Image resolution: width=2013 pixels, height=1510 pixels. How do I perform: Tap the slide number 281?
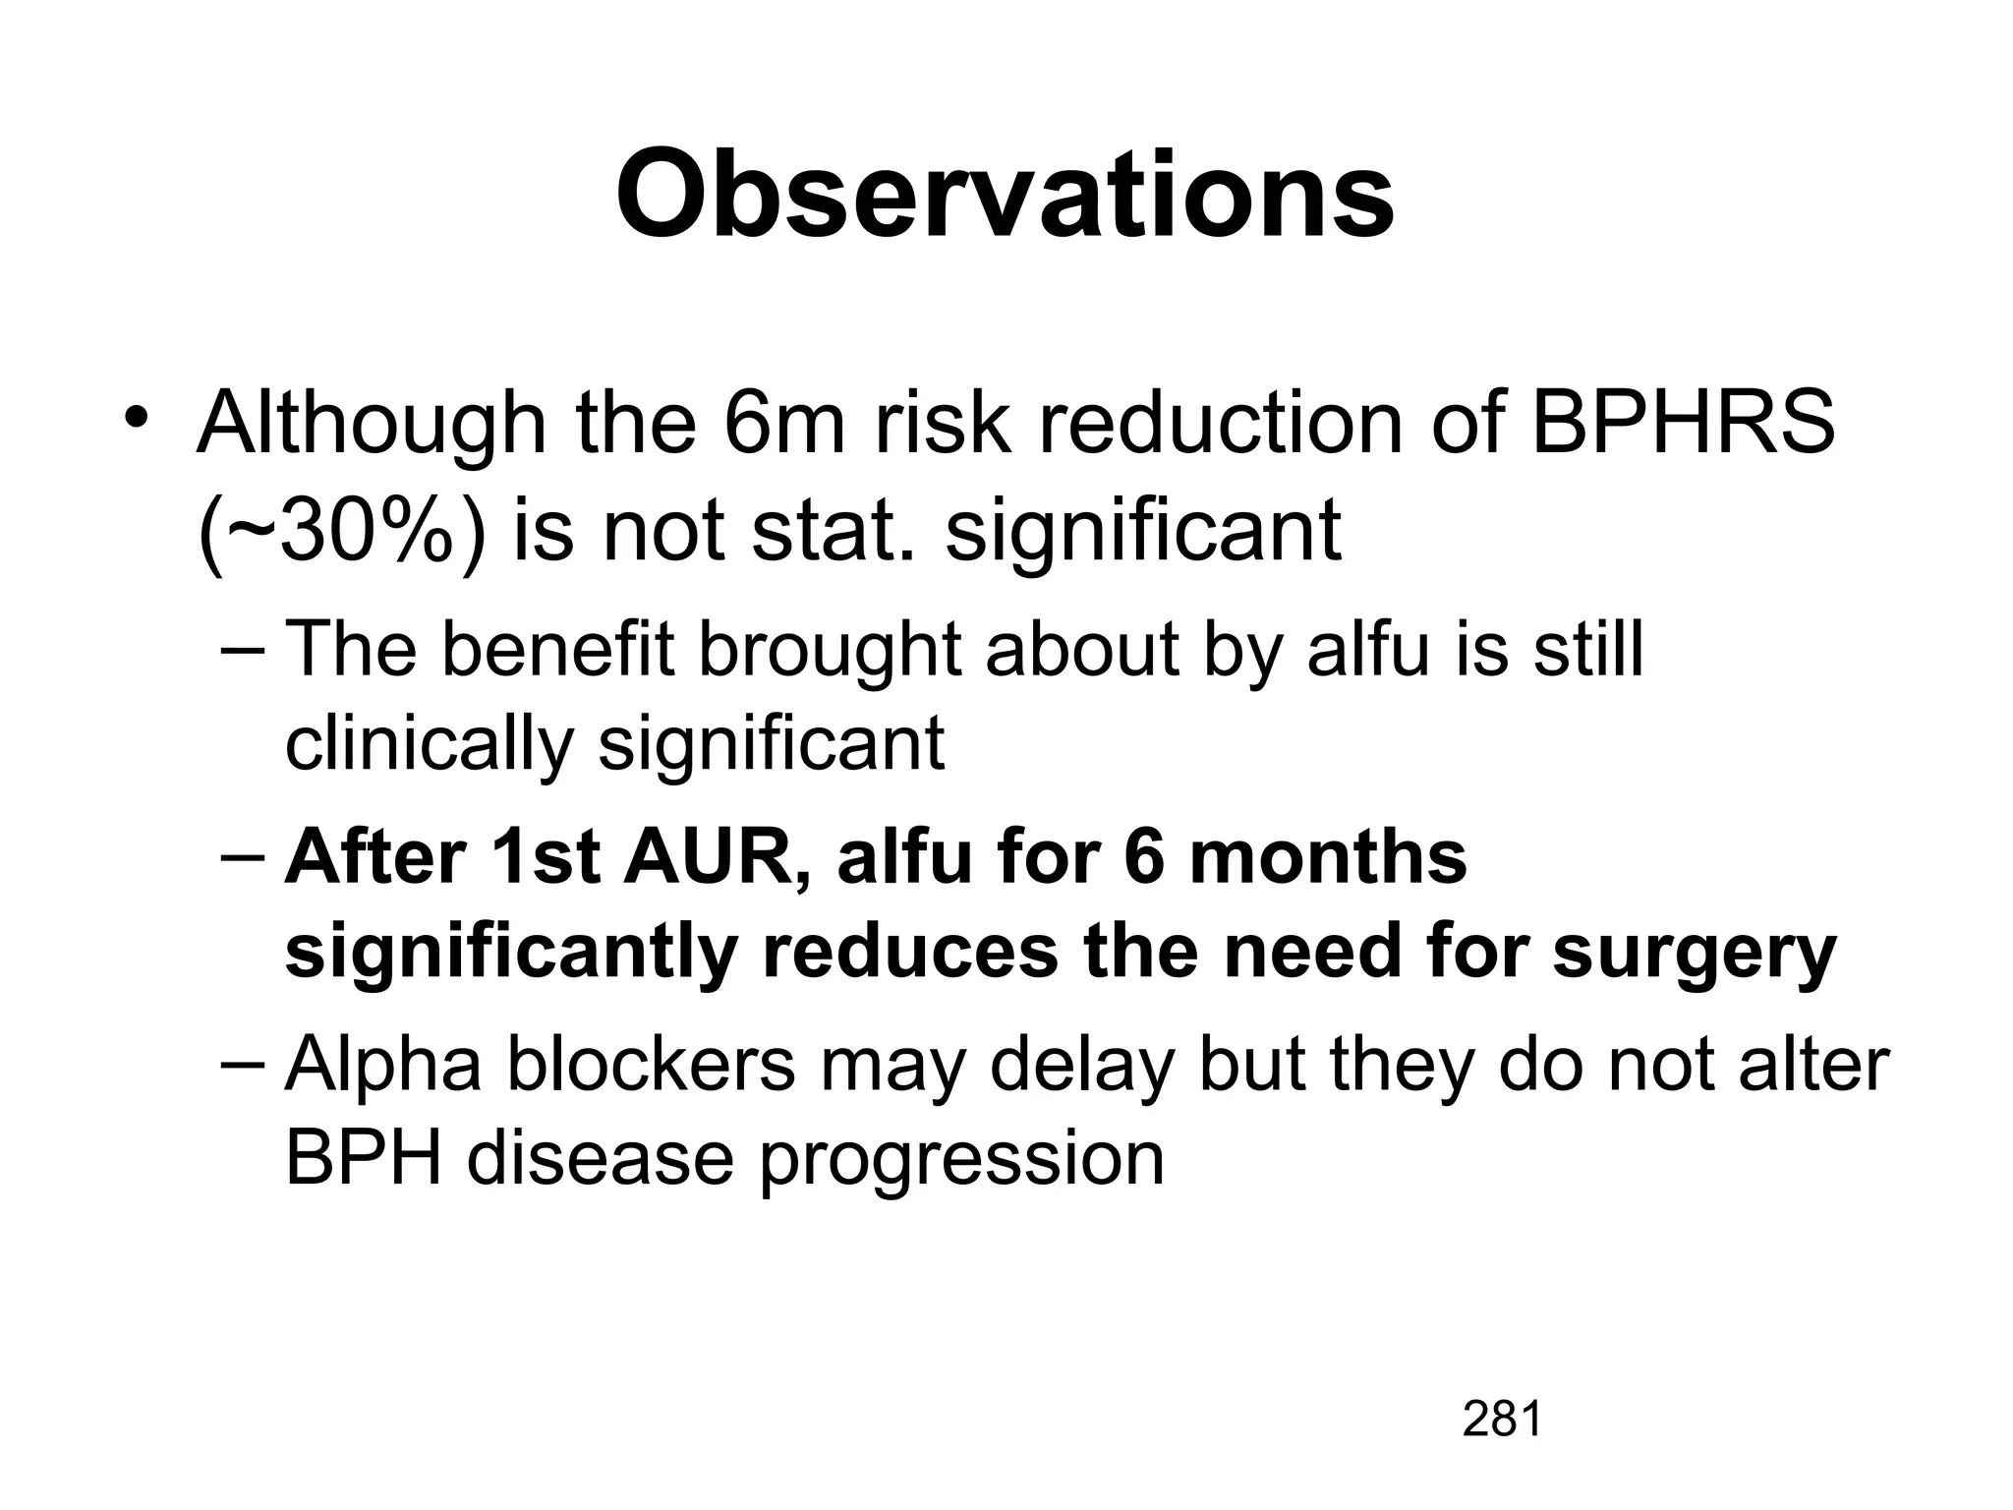(1501, 1420)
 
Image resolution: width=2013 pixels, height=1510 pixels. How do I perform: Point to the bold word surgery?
(1694, 954)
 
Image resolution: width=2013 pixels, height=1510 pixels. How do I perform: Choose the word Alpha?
(383, 1066)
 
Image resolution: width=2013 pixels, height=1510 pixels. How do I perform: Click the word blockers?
(651, 1064)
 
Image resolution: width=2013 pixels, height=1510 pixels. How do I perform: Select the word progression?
(961, 1160)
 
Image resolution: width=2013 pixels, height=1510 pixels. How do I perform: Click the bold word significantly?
(511, 954)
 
